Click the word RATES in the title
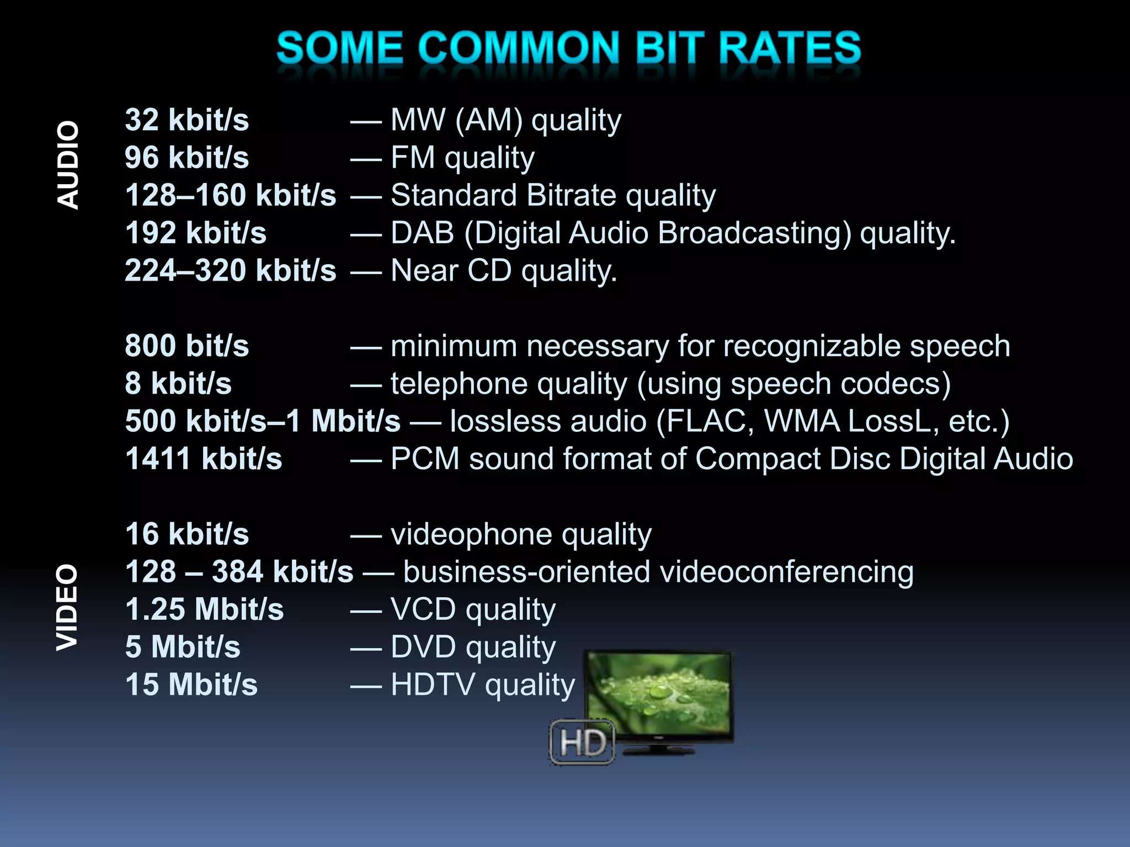click(790, 49)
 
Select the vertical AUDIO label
click(69, 165)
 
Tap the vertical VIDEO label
click(68, 607)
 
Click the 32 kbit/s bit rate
click(186, 120)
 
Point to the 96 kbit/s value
click(186, 158)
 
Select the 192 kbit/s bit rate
click(195, 233)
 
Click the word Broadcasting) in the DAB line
click(754, 233)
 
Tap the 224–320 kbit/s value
click(230, 271)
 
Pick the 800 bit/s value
click(186, 346)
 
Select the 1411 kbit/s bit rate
click(203, 459)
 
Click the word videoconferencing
click(786, 572)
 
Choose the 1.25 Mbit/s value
click(204, 609)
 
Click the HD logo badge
click(582, 742)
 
